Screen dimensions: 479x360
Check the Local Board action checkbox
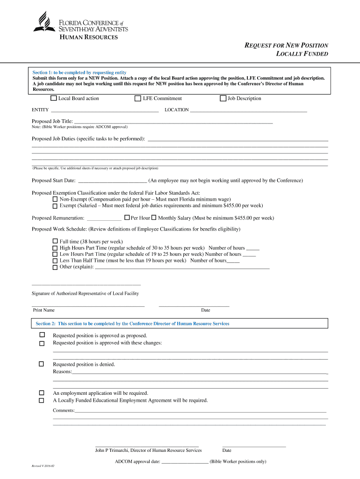click(x=53, y=98)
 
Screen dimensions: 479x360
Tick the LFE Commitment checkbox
click(x=137, y=98)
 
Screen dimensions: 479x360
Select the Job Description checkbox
click(x=223, y=98)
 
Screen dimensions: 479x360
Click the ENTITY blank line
click(x=104, y=111)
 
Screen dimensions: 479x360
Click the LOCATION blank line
click(x=248, y=111)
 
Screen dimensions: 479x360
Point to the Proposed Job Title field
click(x=173, y=122)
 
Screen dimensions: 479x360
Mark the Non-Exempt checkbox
click(x=55, y=199)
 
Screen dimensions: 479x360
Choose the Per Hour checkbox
click(x=127, y=218)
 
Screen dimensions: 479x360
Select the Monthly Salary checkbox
click(x=154, y=218)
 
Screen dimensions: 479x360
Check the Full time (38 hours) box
click(x=55, y=241)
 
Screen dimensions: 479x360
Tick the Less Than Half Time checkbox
click(x=55, y=261)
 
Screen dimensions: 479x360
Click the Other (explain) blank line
click(x=182, y=268)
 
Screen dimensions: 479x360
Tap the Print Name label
click(x=43, y=310)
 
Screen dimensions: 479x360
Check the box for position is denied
click(x=42, y=364)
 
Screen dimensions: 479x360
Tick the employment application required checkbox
click(x=42, y=393)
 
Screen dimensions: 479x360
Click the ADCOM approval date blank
click(x=185, y=462)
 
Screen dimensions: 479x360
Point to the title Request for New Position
click(x=287, y=45)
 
